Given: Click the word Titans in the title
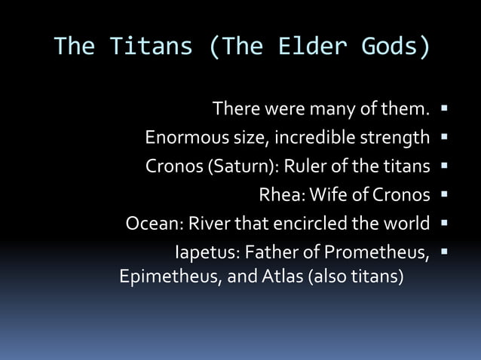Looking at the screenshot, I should [x=151, y=47].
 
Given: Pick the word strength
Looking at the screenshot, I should [x=399, y=139].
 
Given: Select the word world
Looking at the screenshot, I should [x=408, y=224].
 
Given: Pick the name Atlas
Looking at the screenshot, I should [x=282, y=277].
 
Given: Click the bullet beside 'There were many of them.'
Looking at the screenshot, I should [x=445, y=109].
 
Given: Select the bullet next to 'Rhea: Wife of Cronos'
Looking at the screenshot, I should [x=445, y=194].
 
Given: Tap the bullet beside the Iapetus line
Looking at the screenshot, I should [x=445, y=251].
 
